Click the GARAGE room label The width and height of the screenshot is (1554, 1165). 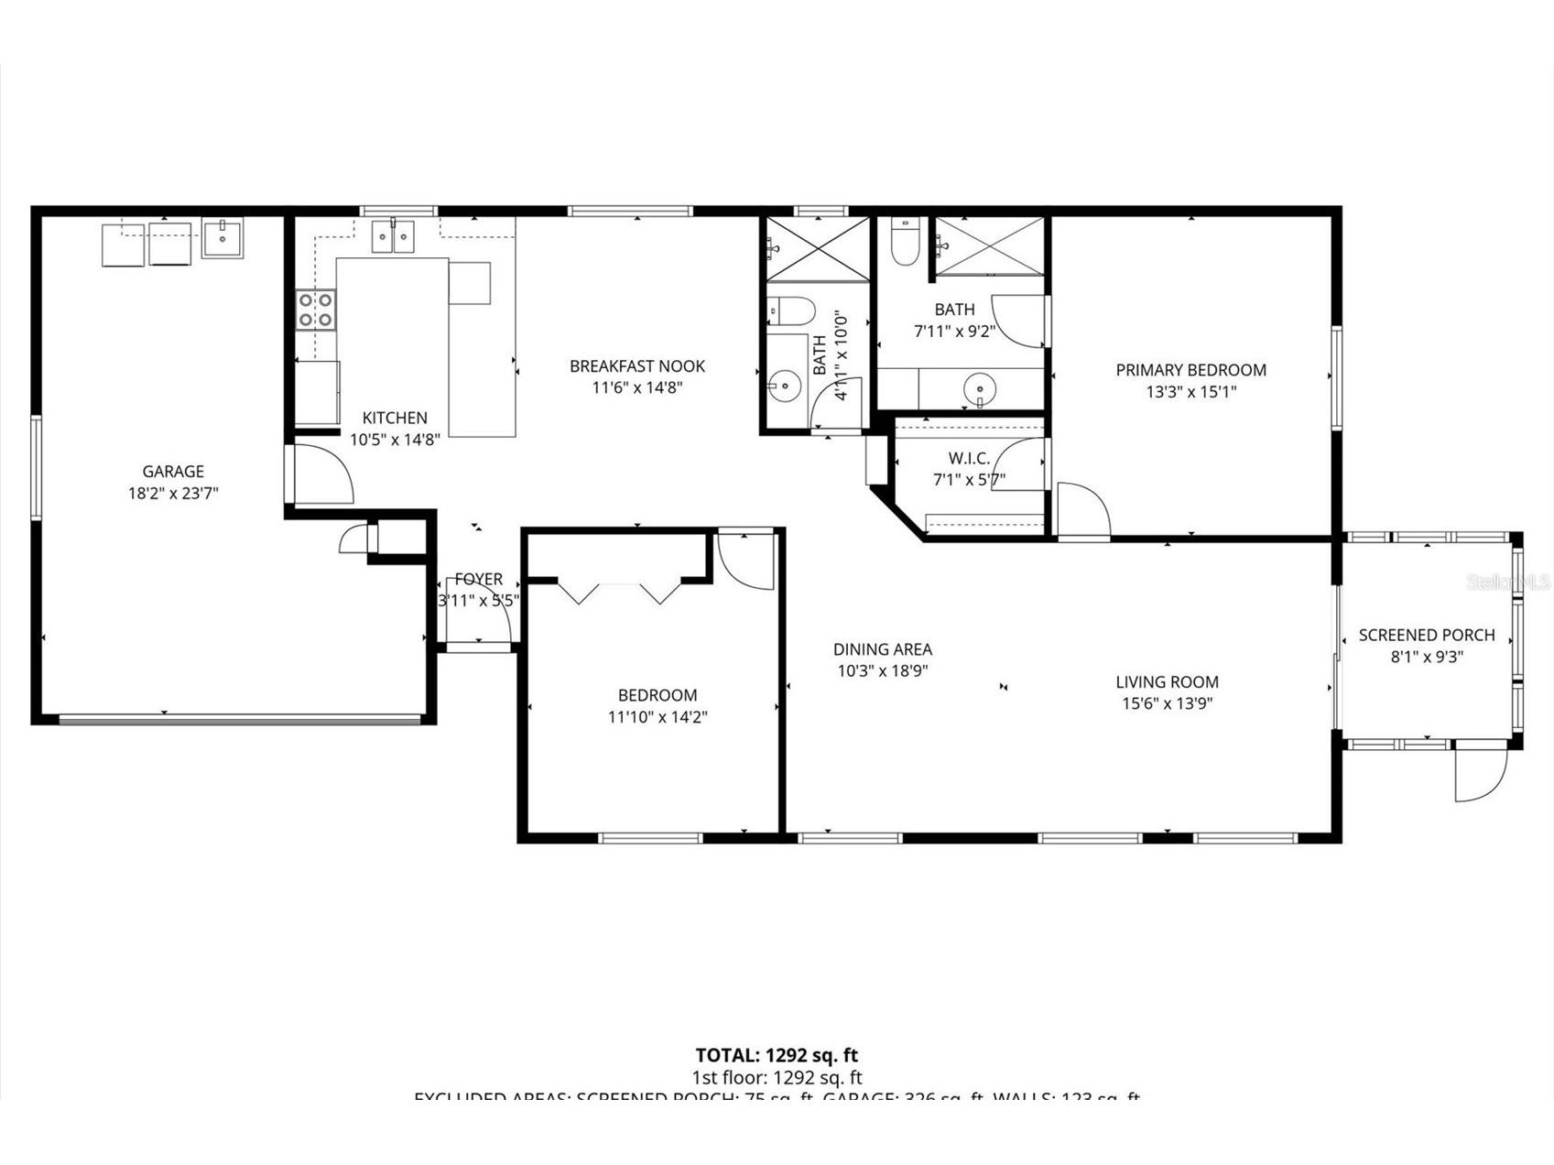[x=173, y=472]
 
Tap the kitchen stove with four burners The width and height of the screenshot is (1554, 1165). [x=316, y=309]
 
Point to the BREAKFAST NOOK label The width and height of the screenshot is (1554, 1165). [x=637, y=366]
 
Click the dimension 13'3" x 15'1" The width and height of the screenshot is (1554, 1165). [x=1190, y=392]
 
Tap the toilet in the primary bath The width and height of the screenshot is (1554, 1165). [x=905, y=242]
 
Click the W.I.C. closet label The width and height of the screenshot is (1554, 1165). [x=969, y=458]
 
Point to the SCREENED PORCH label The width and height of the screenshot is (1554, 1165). [x=1427, y=635]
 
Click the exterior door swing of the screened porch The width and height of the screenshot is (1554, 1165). [x=1479, y=776]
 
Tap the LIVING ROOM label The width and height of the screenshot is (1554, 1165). [x=1167, y=681]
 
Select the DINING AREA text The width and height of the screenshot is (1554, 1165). [x=883, y=649]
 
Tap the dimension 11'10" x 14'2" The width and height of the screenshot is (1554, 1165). [x=657, y=717]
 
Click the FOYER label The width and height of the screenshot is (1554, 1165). [x=478, y=580]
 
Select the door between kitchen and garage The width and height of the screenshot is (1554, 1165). [x=321, y=474]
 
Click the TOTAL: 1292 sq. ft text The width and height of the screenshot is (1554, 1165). [x=777, y=1055]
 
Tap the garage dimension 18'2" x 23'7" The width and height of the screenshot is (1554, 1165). [x=173, y=494]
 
